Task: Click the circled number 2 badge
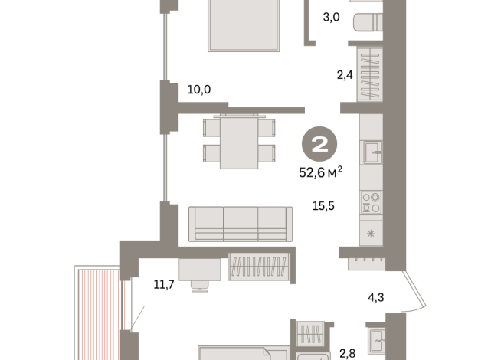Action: [319, 144]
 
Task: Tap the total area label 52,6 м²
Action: [320, 172]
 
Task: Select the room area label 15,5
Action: [323, 206]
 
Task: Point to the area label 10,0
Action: [198, 90]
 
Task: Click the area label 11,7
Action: [164, 284]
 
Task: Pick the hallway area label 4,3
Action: [375, 297]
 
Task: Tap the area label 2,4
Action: [345, 75]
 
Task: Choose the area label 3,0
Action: [331, 17]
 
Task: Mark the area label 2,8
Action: [347, 354]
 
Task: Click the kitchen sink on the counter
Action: [373, 152]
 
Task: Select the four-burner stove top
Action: [372, 202]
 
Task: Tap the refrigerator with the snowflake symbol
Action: [371, 234]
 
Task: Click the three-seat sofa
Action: [241, 224]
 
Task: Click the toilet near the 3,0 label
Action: [368, 22]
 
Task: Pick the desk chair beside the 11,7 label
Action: [200, 286]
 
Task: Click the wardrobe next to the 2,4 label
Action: [370, 74]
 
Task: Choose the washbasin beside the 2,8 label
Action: [377, 341]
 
